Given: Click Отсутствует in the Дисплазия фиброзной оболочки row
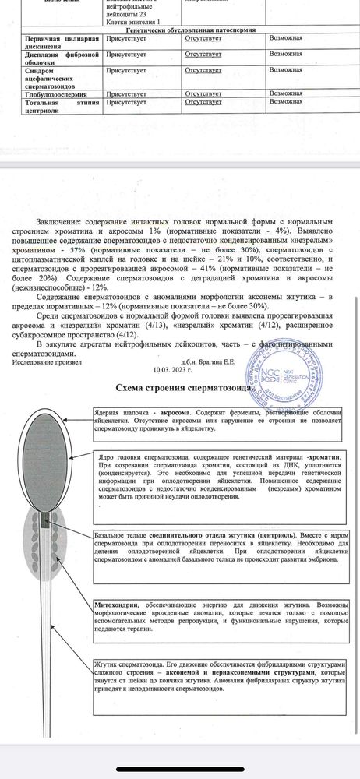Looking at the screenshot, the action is [x=203, y=56].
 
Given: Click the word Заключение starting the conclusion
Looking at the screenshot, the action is [x=59, y=222].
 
